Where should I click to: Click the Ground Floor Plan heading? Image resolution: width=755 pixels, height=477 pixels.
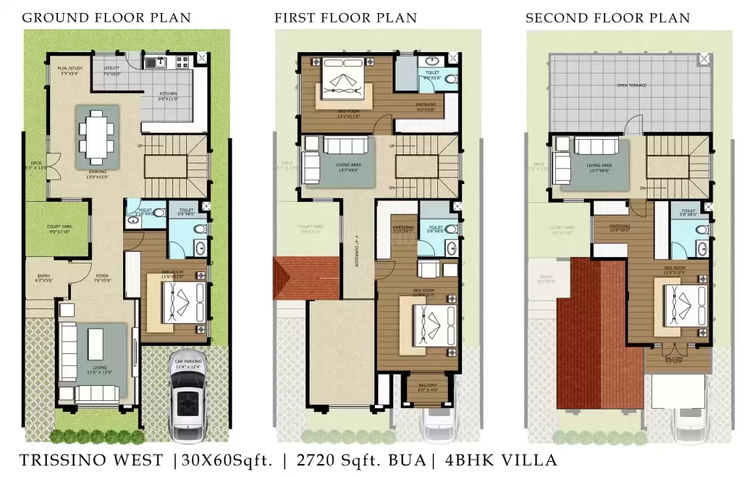[x=107, y=18]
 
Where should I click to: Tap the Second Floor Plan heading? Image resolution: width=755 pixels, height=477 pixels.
[x=607, y=18]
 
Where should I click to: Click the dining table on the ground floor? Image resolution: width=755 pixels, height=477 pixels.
[x=96, y=135]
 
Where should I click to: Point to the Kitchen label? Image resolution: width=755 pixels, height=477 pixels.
[x=169, y=94]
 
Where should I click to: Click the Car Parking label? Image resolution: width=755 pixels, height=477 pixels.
[x=189, y=361]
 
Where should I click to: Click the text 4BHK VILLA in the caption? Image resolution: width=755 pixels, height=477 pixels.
[x=501, y=461]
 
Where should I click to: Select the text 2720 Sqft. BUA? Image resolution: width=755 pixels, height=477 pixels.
[x=361, y=461]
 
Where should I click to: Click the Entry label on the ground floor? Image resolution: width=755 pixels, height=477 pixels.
[x=44, y=276]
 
